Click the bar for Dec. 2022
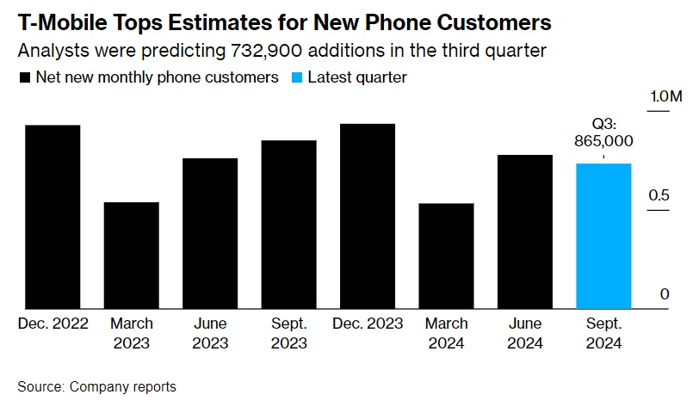(53, 216)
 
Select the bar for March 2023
(131, 255)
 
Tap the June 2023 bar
(210, 232)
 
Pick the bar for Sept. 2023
(288, 224)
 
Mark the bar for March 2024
(446, 256)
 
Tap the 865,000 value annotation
(603, 140)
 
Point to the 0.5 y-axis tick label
(659, 195)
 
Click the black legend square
(24, 77)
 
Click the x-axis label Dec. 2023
(368, 324)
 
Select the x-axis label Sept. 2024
(603, 333)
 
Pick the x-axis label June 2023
(210, 333)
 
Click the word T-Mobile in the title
(61, 19)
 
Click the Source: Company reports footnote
(96, 386)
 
